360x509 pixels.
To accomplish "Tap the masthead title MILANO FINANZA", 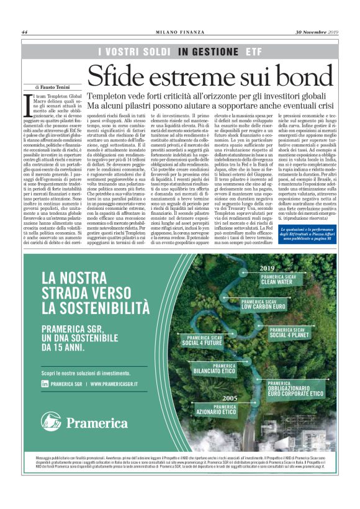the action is tap(179, 33).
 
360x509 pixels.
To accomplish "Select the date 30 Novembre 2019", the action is tap(318, 33).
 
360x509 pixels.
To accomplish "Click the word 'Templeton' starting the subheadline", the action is tap(111, 96).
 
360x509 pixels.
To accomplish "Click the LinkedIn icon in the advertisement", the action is tap(45, 384).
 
